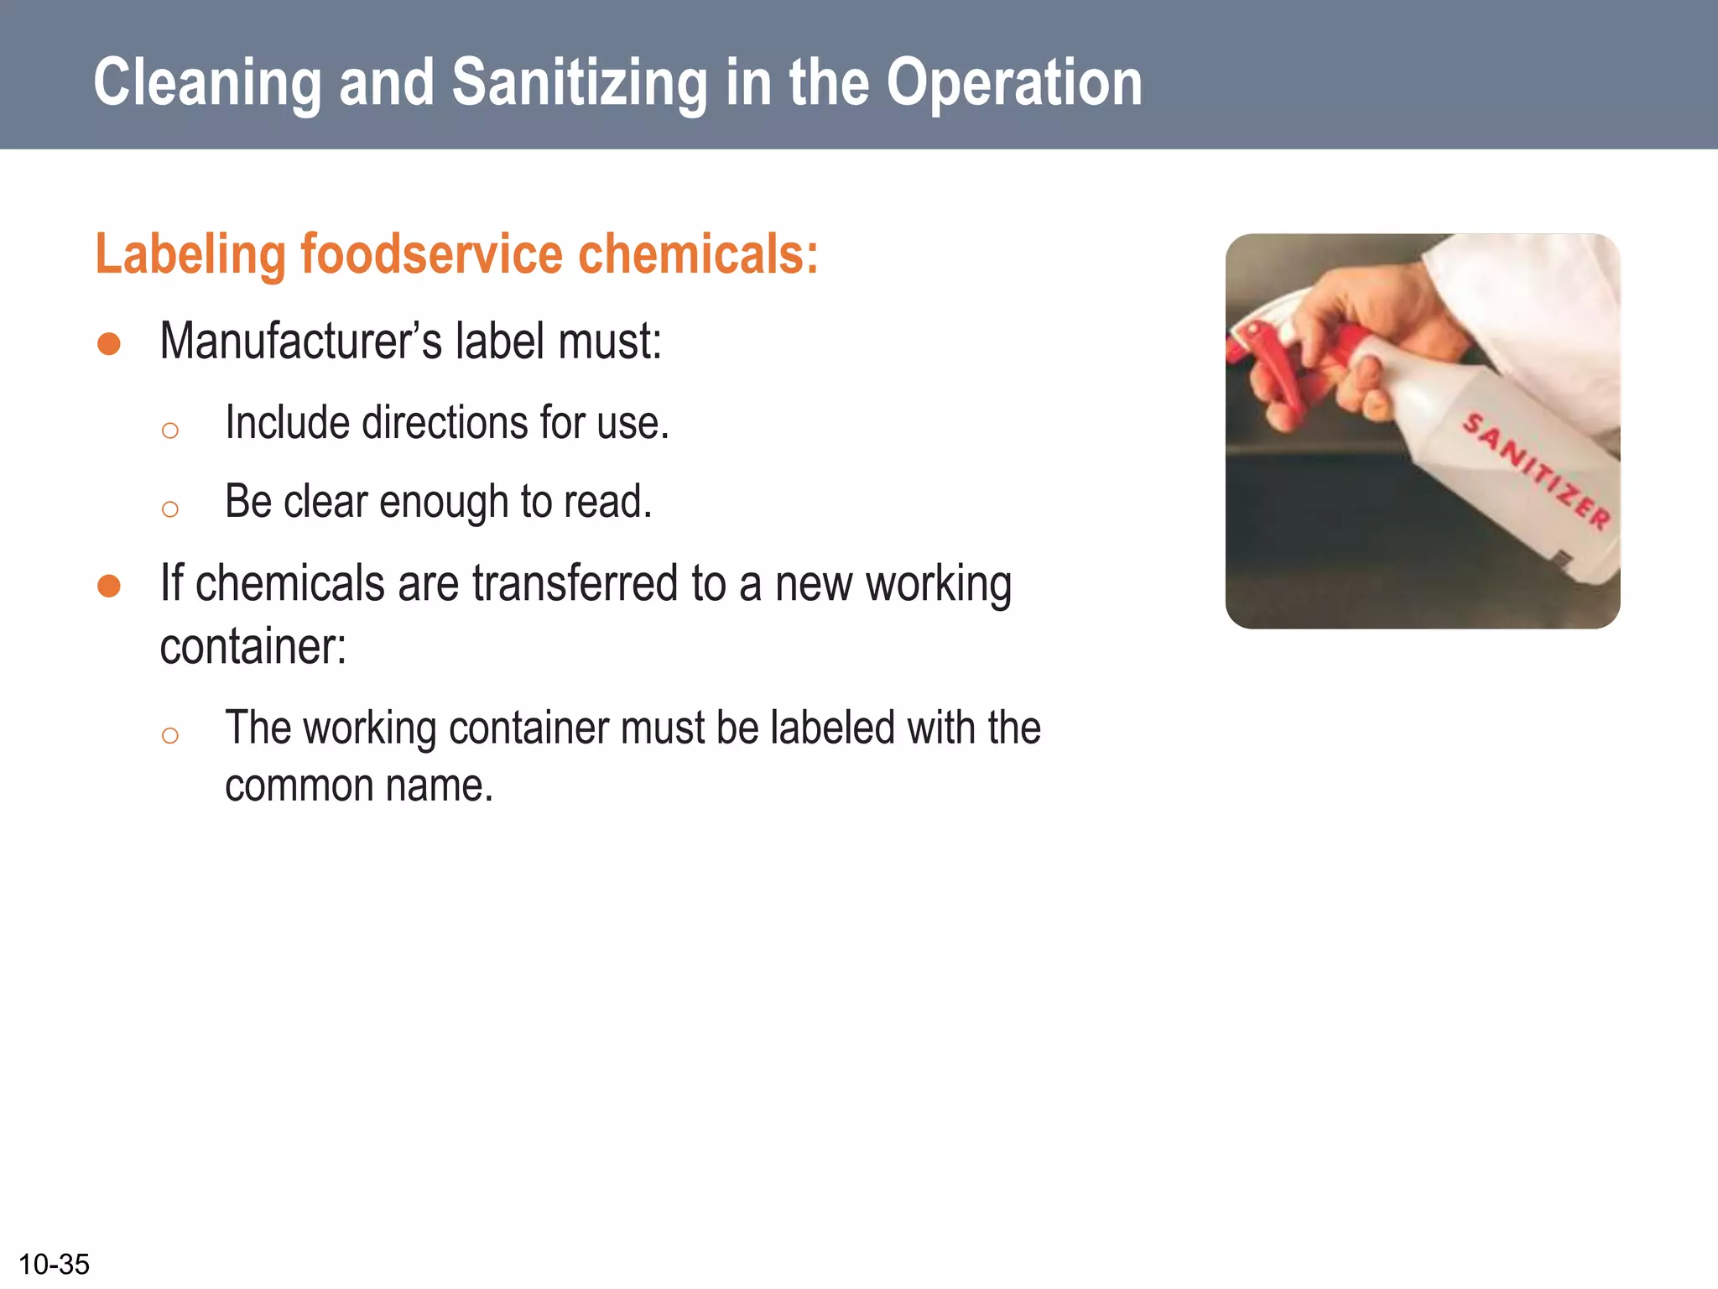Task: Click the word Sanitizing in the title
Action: pyautogui.click(x=580, y=84)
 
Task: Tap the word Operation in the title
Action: pyautogui.click(x=1014, y=84)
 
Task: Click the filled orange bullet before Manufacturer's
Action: pyautogui.click(x=109, y=343)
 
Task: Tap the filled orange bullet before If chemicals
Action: pyautogui.click(x=109, y=586)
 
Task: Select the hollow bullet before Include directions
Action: pyautogui.click(x=170, y=431)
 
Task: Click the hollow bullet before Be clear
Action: pyautogui.click(x=170, y=509)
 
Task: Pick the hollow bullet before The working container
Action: pyautogui.click(x=170, y=736)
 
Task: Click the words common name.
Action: pyautogui.click(x=359, y=786)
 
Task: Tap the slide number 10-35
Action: pyautogui.click(x=54, y=1264)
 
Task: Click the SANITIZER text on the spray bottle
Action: pyautogui.click(x=1536, y=471)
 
